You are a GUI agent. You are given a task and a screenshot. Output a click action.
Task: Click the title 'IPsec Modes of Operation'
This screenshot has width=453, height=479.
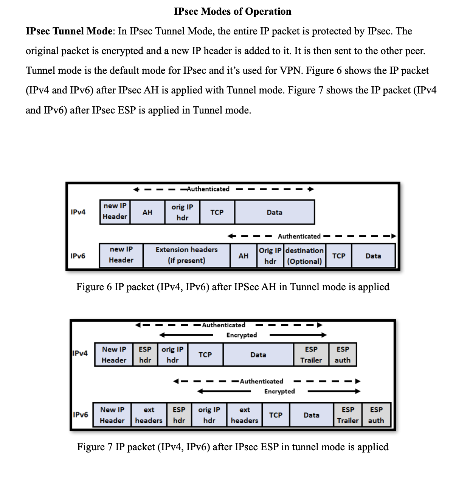233,11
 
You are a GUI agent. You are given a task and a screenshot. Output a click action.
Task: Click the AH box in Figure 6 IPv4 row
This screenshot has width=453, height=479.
147,212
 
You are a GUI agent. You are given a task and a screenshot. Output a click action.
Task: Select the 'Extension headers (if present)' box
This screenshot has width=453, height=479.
186,255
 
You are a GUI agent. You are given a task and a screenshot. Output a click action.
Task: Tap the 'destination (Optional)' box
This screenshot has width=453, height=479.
304,256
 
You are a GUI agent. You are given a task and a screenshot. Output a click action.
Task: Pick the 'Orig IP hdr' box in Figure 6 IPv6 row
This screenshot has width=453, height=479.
270,256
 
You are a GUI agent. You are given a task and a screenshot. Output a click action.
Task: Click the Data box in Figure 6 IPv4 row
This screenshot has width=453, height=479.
275,212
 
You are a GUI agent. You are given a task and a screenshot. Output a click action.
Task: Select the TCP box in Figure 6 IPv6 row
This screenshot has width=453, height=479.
339,256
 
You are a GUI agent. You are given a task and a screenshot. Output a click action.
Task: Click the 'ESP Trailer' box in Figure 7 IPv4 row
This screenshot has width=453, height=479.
311,355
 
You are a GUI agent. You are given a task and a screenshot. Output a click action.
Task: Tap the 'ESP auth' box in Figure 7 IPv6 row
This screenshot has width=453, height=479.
376,415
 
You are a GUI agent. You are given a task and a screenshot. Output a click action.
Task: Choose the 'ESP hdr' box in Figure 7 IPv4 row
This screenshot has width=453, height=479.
145,355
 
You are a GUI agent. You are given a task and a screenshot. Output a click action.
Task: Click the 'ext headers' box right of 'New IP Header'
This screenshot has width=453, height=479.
149,415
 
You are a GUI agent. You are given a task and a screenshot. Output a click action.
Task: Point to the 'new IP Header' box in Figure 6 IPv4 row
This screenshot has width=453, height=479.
115,212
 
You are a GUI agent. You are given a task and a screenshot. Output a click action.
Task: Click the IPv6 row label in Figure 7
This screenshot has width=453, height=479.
80,415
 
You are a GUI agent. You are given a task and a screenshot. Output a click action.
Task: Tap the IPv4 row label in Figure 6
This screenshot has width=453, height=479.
78,212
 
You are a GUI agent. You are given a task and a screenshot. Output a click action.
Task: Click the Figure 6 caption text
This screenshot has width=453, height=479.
233,287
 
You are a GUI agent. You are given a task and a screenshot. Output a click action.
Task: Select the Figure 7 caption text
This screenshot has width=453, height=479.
233,447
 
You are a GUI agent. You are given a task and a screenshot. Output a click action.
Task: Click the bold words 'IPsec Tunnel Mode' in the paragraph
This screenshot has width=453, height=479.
69,31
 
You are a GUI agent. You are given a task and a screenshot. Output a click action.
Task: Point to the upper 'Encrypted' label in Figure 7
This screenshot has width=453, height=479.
242,335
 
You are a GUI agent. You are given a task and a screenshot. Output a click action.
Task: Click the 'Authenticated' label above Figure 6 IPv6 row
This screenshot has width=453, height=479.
299,236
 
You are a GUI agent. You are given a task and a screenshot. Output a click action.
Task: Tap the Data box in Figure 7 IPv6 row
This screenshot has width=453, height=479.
312,415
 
